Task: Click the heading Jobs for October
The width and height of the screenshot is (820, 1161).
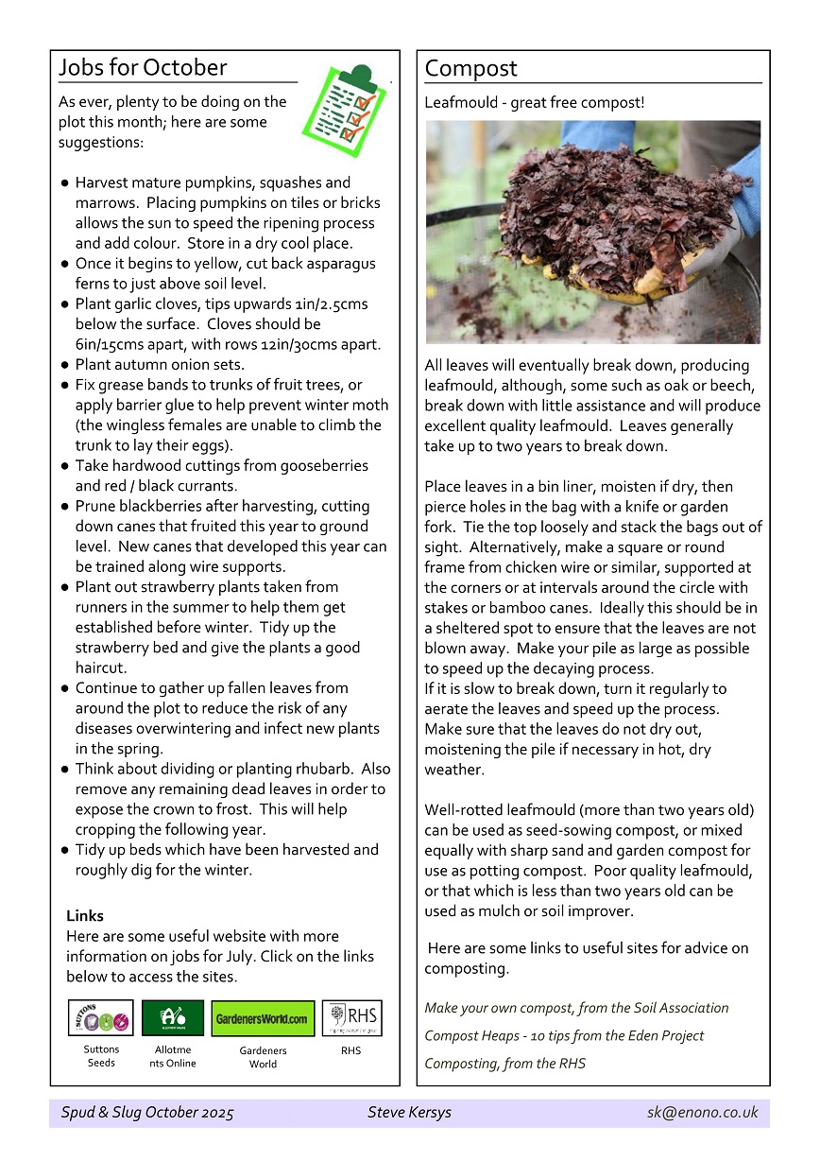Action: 143,68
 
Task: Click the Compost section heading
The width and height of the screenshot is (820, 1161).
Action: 470,69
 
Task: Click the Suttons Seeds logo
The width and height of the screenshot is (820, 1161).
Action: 100,1018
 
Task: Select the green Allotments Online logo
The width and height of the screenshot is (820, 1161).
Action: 173,1018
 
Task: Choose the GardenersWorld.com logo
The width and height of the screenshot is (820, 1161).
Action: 263,1019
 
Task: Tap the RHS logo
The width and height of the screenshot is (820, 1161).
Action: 351,1018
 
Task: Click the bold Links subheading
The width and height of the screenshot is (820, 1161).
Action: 85,916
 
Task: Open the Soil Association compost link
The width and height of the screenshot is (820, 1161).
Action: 576,1008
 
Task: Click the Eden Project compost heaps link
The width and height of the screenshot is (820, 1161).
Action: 564,1036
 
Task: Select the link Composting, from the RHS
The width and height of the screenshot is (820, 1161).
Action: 504,1064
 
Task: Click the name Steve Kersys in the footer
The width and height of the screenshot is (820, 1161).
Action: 410,1113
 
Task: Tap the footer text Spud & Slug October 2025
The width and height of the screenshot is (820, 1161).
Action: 147,1113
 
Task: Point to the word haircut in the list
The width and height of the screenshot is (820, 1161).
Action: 99,667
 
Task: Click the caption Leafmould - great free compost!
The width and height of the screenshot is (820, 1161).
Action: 535,102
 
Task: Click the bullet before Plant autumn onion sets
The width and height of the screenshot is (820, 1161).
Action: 64,365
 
